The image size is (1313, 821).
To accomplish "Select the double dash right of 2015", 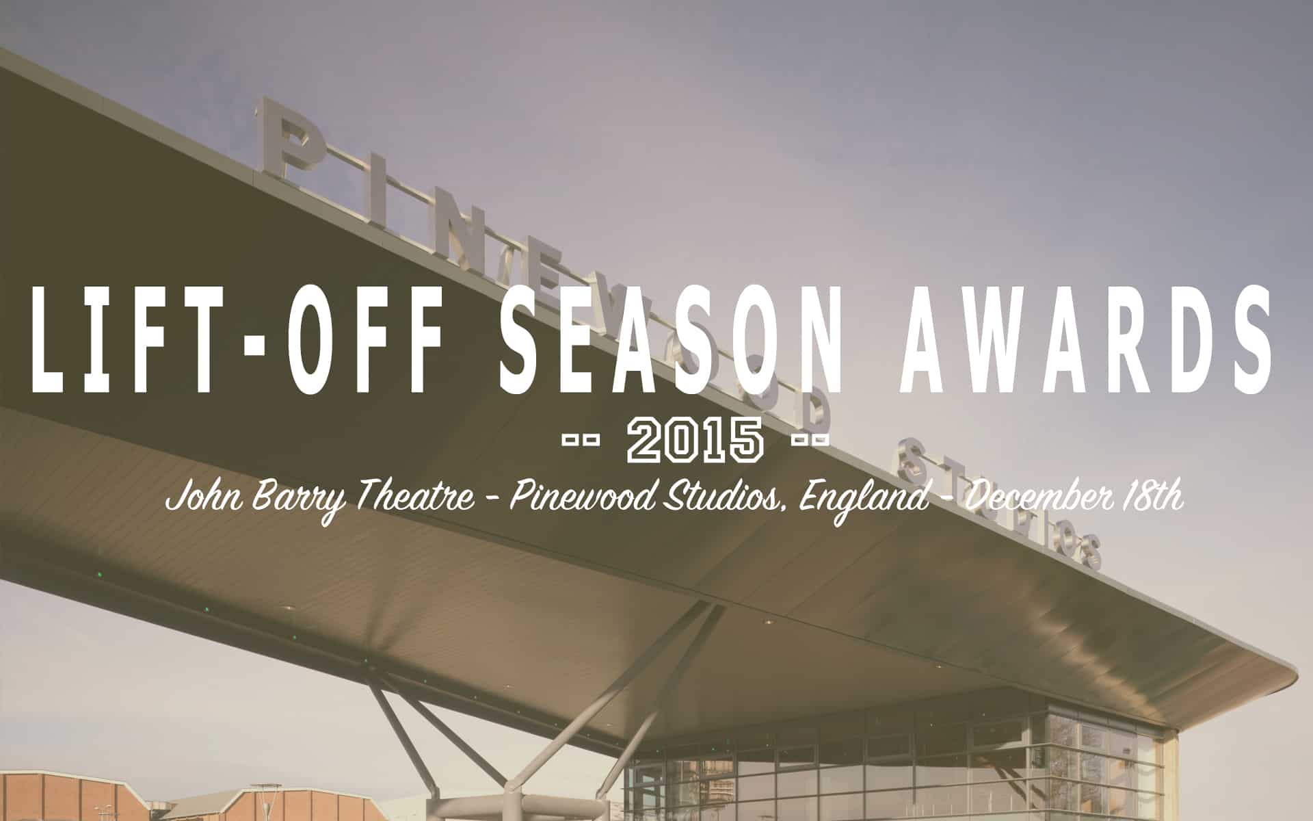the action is [810, 440].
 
